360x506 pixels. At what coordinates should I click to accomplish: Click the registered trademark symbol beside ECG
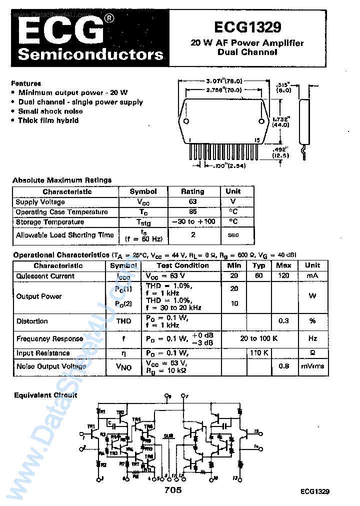109,19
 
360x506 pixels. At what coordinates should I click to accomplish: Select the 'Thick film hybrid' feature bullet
48,120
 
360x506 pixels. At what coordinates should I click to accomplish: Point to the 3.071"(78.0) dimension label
224,81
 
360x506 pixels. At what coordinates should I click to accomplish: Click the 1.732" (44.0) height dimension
281,122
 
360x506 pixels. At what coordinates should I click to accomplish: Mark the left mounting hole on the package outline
186,121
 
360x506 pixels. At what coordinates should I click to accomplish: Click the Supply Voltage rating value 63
193,202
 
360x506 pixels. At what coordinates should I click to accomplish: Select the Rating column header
192,191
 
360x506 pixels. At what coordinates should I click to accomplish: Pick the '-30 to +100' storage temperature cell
193,222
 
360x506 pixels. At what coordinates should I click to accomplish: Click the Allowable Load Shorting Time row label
64,235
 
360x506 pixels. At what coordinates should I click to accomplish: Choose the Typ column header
258,265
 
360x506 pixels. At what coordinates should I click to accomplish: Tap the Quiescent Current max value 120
283,276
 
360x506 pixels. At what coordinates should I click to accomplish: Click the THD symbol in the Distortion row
123,321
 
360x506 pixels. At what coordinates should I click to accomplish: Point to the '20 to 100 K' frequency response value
259,338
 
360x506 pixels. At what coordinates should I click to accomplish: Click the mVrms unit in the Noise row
312,366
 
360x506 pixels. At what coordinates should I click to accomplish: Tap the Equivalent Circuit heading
45,395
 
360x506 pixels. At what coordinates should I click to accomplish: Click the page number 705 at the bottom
173,490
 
